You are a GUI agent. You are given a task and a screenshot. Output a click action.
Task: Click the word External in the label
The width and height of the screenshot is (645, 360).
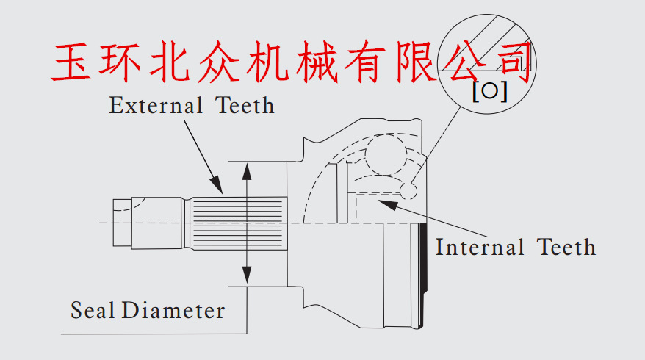(x=156, y=106)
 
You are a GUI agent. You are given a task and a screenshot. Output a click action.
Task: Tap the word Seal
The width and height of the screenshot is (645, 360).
(x=93, y=310)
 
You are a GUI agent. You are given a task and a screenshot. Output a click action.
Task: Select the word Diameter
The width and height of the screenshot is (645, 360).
(x=173, y=310)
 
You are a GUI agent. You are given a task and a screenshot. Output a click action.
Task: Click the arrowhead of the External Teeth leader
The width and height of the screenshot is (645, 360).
(x=218, y=189)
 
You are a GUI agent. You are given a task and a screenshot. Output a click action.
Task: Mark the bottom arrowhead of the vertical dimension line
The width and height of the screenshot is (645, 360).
(x=248, y=278)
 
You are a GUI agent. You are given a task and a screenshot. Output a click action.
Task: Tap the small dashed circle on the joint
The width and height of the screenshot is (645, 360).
(x=409, y=192)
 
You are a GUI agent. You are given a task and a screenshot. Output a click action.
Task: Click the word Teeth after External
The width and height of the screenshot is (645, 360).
(x=245, y=106)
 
